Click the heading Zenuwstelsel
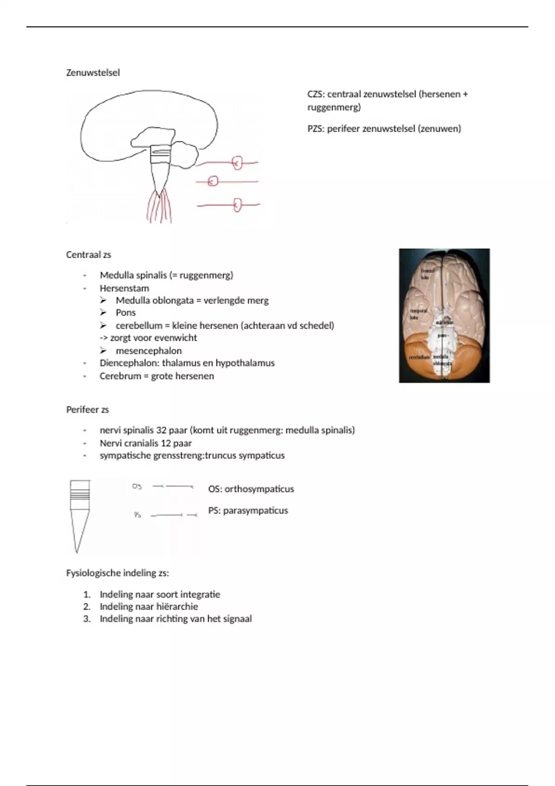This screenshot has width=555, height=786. tap(93, 73)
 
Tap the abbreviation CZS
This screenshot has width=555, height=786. tap(316, 94)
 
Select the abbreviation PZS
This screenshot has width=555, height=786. tap(316, 129)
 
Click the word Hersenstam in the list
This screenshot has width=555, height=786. tap(124, 288)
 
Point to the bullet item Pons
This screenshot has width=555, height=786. tap(125, 313)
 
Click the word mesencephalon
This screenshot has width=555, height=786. tap(148, 350)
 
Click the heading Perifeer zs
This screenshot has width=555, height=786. tap(87, 410)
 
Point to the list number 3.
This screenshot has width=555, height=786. tap(86, 619)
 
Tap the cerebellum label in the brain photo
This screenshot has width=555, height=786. tap(419, 357)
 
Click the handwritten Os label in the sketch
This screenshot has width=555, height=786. tap(137, 486)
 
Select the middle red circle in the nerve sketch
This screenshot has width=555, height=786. tap(213, 181)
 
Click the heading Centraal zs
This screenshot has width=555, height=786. tap(88, 255)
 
